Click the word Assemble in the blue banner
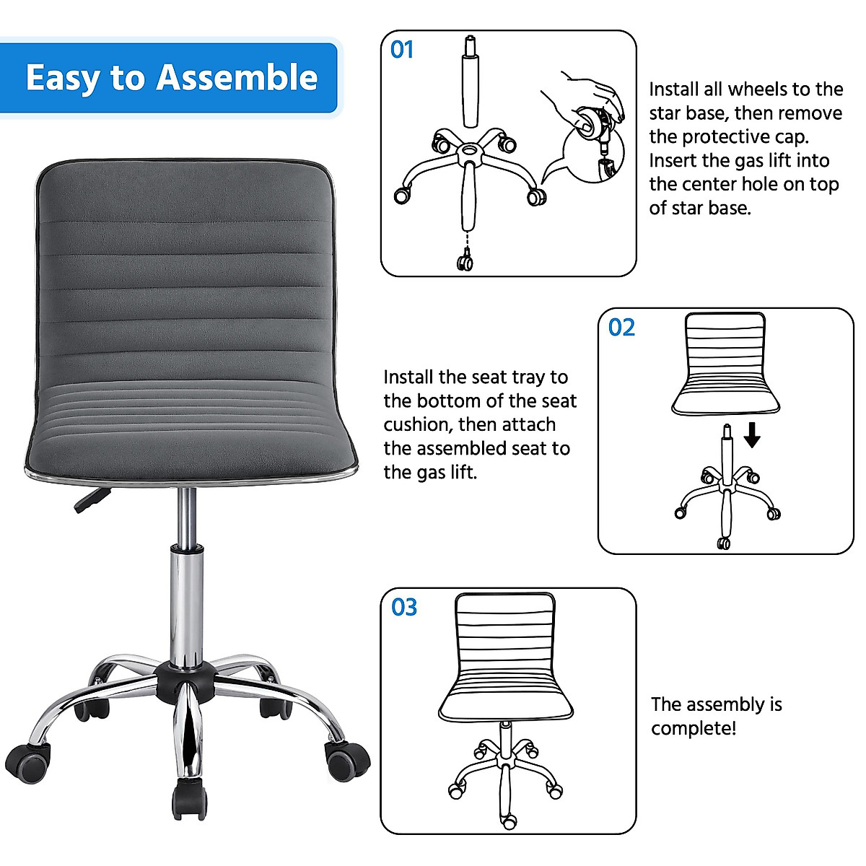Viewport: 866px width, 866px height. (x=237, y=78)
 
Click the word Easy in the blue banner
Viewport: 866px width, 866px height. (x=62, y=78)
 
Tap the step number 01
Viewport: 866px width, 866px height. (x=402, y=50)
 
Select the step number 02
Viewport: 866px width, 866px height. (x=621, y=328)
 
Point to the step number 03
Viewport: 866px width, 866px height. (x=404, y=608)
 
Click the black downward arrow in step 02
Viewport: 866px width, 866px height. (x=752, y=434)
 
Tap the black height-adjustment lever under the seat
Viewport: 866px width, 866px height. (x=91, y=499)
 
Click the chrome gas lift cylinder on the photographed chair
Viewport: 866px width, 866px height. (x=186, y=606)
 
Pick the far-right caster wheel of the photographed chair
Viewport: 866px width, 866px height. (x=347, y=761)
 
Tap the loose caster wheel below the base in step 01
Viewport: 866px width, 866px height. (x=465, y=261)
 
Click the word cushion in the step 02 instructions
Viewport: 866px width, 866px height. (x=418, y=424)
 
